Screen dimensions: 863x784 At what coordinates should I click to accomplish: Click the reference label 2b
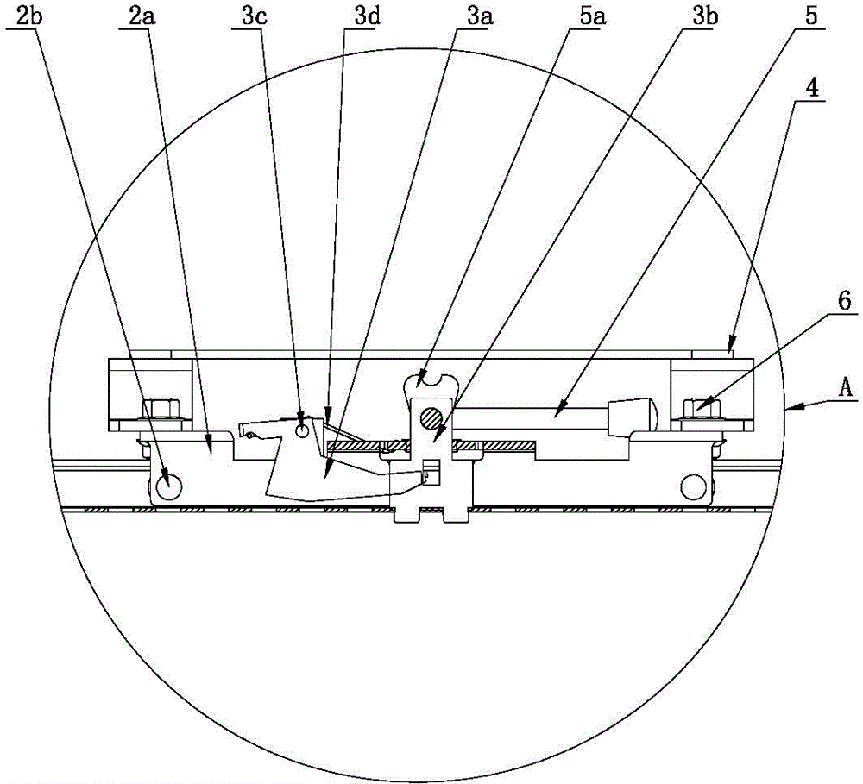pos(29,16)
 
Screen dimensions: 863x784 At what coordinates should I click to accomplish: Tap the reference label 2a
pos(142,16)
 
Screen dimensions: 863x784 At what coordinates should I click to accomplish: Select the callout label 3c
pos(255,16)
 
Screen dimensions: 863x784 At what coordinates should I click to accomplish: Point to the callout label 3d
pos(367,16)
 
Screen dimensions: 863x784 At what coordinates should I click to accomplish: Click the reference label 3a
pos(481,16)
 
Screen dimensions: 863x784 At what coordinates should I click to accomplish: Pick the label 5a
pos(593,16)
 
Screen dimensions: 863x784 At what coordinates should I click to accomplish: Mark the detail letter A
pos(846,386)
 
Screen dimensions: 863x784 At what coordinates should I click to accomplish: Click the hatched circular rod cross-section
pos(431,418)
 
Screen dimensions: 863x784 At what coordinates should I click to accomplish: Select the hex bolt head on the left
pos(162,408)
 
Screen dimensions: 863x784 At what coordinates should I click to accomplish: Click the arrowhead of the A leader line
pos(789,408)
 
